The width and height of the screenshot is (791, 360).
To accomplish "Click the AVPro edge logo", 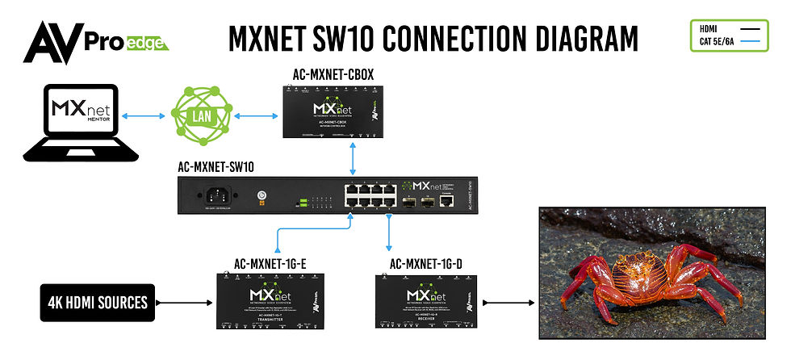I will (x=95, y=40).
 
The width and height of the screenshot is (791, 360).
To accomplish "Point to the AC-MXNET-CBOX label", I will (x=333, y=75).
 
